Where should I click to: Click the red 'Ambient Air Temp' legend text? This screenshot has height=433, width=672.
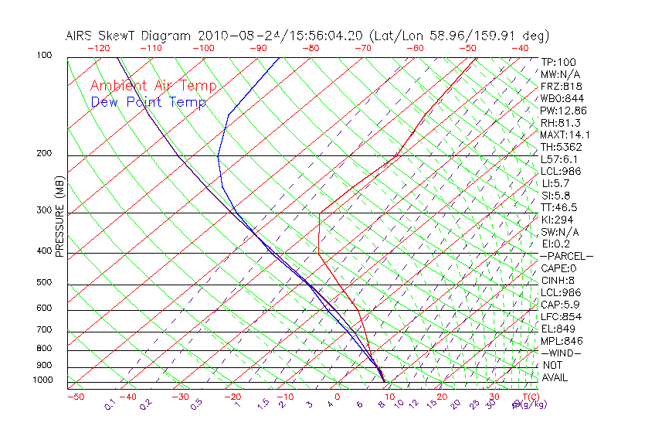click(x=153, y=87)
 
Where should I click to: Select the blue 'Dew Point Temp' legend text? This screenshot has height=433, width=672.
click(x=148, y=102)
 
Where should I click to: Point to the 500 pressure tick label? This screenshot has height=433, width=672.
click(x=44, y=282)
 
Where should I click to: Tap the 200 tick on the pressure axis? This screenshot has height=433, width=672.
click(x=44, y=153)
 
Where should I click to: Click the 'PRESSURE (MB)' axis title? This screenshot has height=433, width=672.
click(x=60, y=216)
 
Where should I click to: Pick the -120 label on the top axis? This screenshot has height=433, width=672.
click(x=98, y=48)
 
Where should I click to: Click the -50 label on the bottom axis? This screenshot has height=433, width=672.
click(x=75, y=397)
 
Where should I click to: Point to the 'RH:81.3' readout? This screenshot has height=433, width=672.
click(x=561, y=123)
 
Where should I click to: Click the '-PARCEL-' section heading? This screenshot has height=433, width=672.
click(x=566, y=256)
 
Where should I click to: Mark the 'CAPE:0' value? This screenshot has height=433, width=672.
click(x=558, y=268)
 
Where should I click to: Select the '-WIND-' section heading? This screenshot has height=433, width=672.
click(x=562, y=353)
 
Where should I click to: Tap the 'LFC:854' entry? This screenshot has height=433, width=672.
click(x=561, y=316)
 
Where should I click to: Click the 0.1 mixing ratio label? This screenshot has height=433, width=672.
click(x=110, y=404)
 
